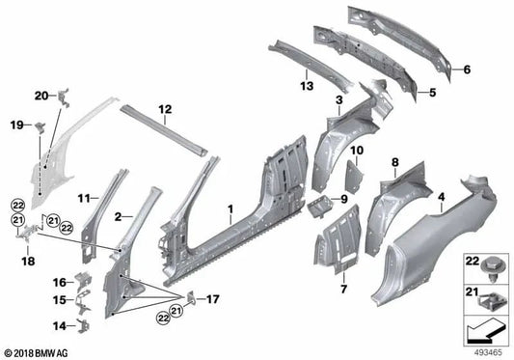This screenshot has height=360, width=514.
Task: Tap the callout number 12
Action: point(165,109)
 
